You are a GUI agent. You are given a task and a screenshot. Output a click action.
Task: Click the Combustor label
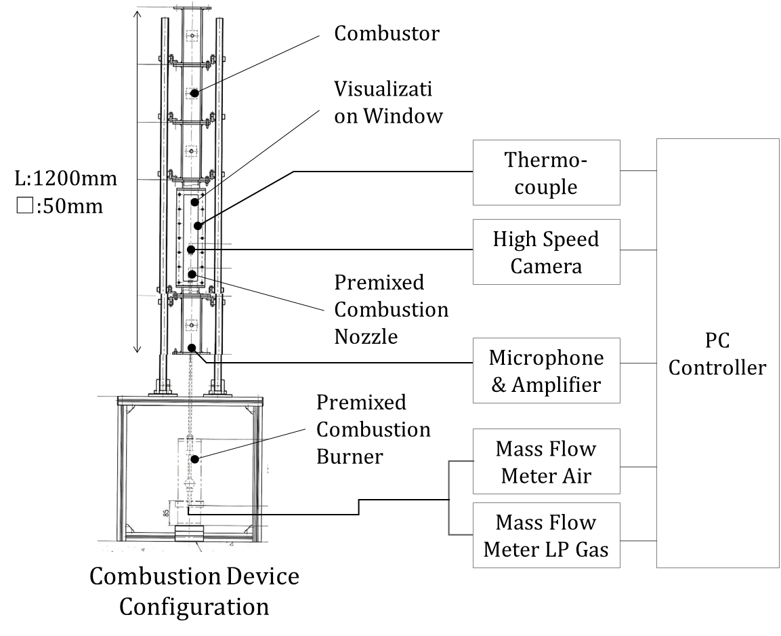386,33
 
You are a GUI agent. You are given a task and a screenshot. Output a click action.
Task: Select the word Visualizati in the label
383,89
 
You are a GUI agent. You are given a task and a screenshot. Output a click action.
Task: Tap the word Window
403,116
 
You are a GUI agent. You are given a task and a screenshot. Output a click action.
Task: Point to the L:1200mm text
66,178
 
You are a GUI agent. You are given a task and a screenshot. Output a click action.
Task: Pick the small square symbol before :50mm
24,205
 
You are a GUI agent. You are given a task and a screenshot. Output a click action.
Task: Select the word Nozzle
366,336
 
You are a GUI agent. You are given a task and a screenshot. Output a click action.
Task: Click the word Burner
349,456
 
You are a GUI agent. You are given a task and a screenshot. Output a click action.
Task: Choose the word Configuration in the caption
194,606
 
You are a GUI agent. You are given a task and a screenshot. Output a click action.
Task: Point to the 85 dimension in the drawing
167,513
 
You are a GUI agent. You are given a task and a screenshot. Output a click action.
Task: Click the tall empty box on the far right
717,353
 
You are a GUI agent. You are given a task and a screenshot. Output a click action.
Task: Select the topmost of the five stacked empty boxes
546,172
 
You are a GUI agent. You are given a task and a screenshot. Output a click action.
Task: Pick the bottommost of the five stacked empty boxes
546,535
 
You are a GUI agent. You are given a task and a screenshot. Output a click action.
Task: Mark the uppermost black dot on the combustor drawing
194,92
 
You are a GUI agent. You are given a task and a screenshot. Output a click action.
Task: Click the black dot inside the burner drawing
194,459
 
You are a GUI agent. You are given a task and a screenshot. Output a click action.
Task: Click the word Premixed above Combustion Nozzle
379,282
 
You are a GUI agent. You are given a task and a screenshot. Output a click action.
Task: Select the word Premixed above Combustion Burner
361,402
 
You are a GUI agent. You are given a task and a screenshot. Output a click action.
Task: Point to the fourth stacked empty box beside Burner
546,461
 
